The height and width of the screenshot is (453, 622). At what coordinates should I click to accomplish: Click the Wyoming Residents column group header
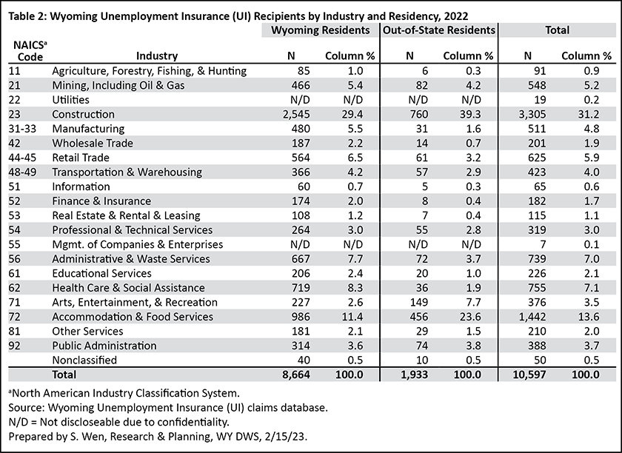click(320, 30)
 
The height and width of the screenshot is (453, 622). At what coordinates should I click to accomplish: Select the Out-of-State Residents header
click(439, 30)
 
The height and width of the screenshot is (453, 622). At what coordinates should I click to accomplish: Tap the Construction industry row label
click(83, 114)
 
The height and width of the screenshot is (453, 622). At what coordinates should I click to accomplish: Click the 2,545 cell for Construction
click(296, 114)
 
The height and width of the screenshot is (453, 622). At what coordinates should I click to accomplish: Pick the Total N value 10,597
click(529, 375)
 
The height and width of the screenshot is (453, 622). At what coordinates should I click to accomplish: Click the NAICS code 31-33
click(22, 129)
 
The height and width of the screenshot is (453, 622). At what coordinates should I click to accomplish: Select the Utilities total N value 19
click(540, 100)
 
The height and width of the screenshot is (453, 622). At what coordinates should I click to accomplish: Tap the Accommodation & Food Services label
click(133, 317)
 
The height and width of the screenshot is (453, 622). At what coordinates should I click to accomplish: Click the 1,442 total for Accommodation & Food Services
click(532, 317)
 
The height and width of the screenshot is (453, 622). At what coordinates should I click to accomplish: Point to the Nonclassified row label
click(84, 360)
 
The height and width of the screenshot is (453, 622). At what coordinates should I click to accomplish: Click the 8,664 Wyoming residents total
click(296, 375)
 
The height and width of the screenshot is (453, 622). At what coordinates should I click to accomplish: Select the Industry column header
click(157, 56)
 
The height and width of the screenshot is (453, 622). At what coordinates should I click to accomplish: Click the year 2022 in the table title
click(456, 16)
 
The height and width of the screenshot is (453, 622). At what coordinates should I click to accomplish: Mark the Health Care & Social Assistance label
click(129, 288)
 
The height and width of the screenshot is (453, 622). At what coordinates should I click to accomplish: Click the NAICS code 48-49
click(22, 172)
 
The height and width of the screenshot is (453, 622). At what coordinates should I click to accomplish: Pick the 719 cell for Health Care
click(301, 288)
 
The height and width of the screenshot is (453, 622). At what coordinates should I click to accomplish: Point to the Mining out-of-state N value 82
click(421, 85)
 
